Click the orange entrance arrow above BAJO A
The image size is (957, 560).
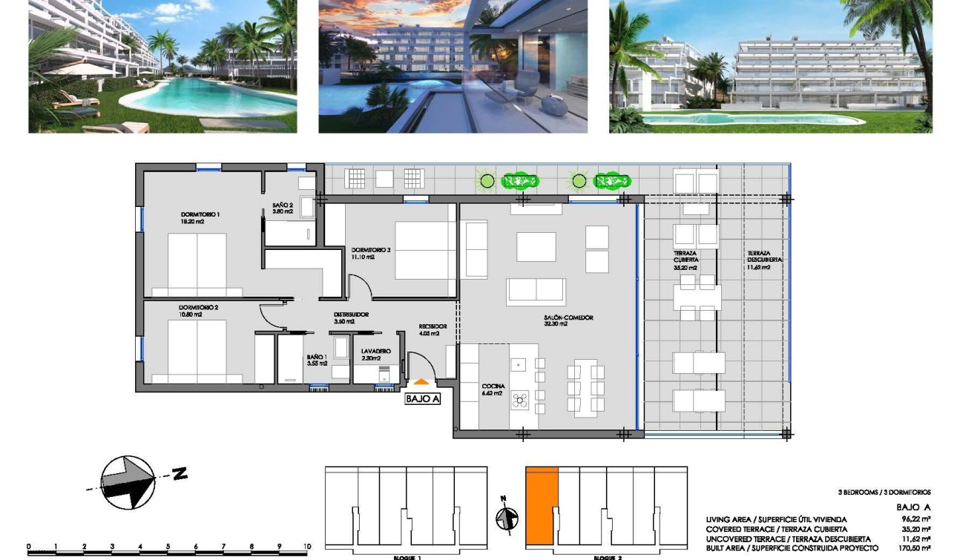[421, 382]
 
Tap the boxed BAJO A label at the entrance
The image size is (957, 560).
[423, 399]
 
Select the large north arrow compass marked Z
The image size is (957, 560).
[128, 481]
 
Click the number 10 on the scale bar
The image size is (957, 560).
[306, 547]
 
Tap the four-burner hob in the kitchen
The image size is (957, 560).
[520, 401]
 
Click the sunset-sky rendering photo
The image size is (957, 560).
[453, 67]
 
